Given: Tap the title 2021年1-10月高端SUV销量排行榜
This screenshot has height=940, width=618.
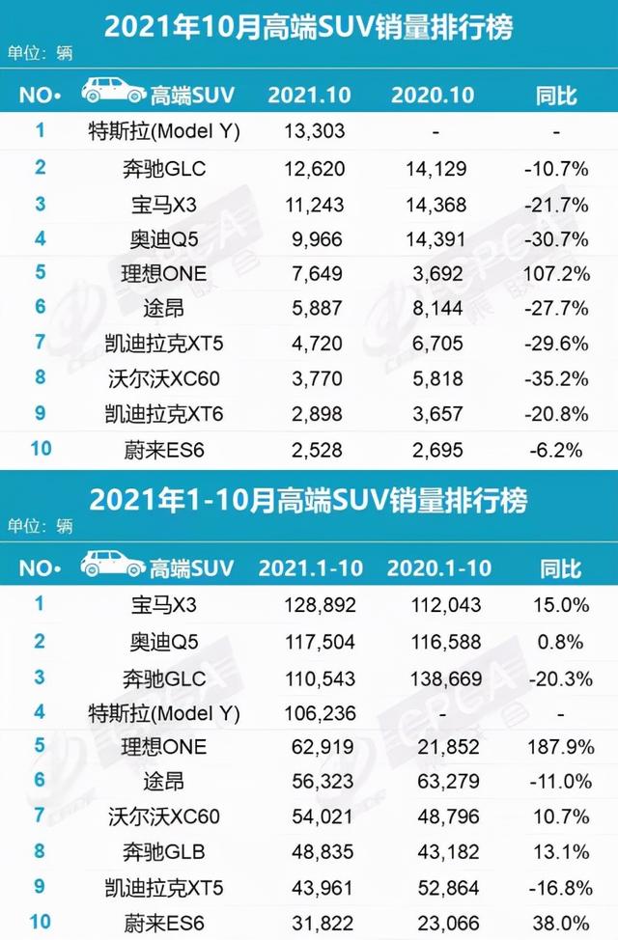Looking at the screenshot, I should point(308,501).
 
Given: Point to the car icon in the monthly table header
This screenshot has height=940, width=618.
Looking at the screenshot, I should point(113,93).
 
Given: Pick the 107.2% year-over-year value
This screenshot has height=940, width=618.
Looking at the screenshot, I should point(556,273).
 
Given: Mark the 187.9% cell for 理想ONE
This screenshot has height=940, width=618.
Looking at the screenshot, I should point(556,746).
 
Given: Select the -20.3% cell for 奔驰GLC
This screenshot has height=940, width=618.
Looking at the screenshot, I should point(556,678).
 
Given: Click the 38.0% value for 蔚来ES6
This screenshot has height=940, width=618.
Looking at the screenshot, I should point(556,923).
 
